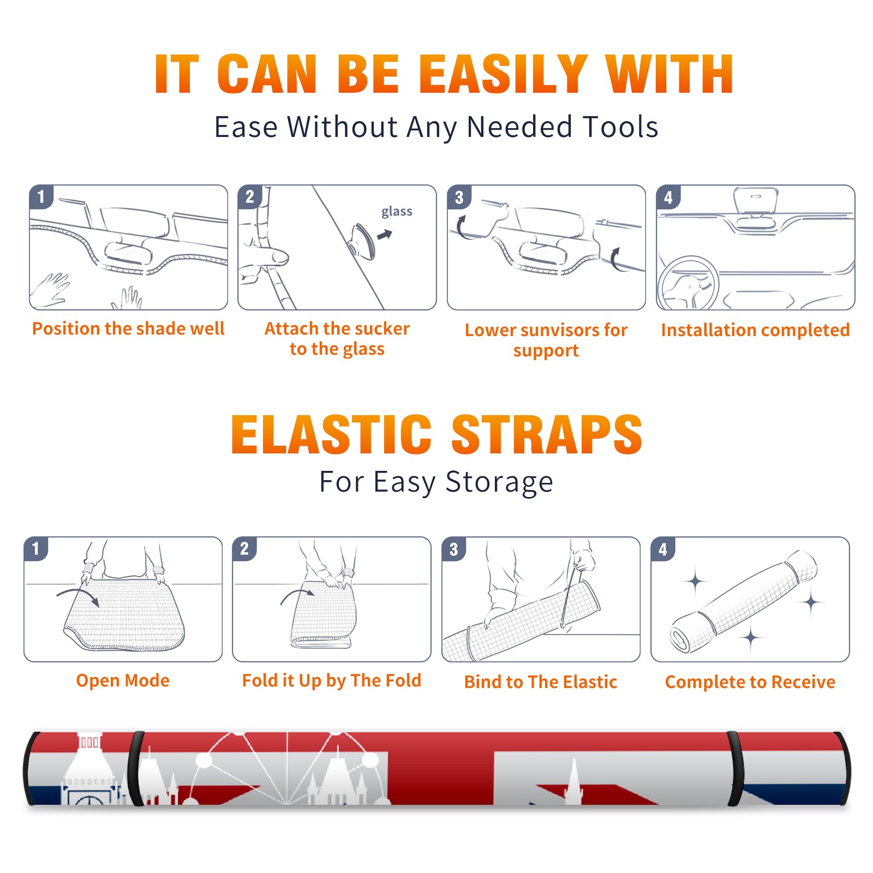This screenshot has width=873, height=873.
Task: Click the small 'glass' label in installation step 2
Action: click(x=397, y=212)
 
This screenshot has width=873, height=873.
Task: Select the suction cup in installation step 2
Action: click(x=363, y=241)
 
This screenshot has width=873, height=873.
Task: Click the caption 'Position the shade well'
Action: click(x=128, y=328)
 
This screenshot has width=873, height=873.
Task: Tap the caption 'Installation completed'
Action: click(x=755, y=330)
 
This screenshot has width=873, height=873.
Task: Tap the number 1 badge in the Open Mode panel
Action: click(x=37, y=549)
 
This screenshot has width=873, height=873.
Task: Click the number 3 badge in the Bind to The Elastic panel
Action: click(x=454, y=549)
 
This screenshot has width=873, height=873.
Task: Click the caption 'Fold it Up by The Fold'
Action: click(x=332, y=680)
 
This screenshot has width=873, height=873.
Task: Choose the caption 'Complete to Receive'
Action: click(x=750, y=682)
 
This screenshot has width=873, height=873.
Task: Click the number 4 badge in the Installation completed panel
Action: click(x=668, y=198)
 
